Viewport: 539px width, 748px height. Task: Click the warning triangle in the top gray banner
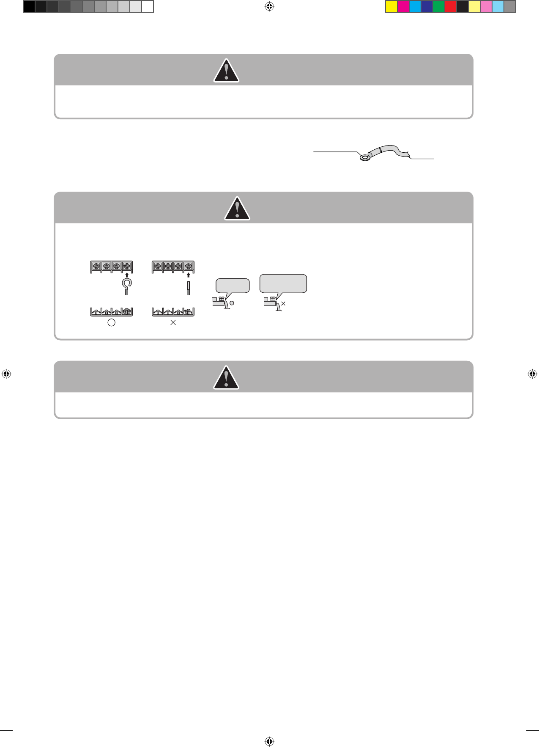226,71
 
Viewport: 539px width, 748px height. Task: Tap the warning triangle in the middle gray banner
237,209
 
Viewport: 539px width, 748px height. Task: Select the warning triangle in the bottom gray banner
226,378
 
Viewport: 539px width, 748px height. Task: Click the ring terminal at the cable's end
364,158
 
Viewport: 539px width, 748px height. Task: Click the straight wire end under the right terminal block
188,288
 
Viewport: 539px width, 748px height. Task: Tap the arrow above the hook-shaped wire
127,275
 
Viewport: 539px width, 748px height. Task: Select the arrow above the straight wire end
188,275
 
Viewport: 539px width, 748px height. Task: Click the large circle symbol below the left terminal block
112,322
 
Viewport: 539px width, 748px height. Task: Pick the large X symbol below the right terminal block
173,322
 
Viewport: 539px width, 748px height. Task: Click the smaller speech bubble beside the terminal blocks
233,286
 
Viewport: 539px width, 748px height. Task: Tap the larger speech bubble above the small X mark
283,283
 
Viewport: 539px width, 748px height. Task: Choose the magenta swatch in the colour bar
403,6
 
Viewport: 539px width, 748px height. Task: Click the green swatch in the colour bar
439,6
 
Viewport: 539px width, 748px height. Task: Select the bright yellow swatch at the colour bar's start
391,6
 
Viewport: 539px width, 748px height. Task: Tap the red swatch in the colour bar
451,6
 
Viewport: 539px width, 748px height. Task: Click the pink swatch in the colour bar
486,6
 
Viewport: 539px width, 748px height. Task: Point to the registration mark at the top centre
269,6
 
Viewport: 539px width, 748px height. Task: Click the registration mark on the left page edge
6,374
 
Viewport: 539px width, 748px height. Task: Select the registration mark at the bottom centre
269,741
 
